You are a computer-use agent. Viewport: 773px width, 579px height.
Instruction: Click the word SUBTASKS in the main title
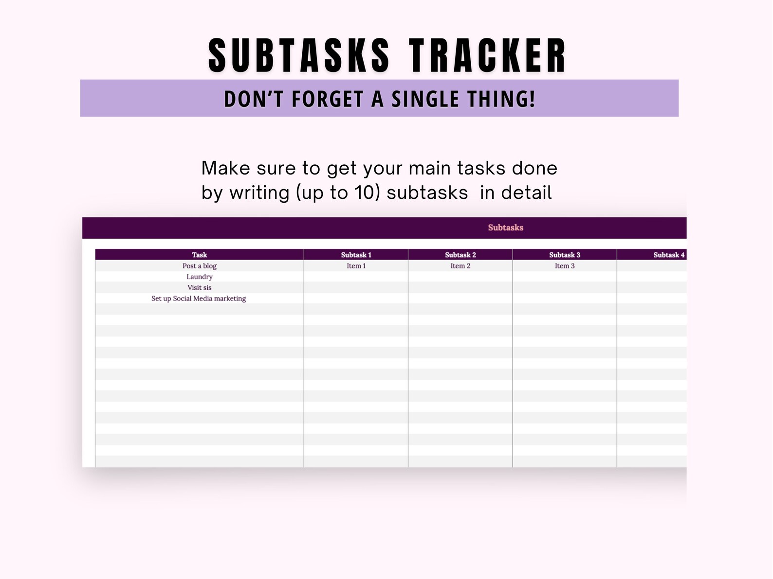pyautogui.click(x=299, y=55)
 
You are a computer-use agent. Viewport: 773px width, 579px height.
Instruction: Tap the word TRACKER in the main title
pyautogui.click(x=488, y=55)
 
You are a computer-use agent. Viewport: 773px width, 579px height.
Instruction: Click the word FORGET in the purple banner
pyautogui.click(x=327, y=99)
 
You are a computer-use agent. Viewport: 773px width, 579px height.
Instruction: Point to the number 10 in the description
pyautogui.click(x=364, y=193)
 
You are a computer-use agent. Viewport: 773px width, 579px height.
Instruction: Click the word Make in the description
pyautogui.click(x=224, y=168)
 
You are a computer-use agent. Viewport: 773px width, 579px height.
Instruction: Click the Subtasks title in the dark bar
pyautogui.click(x=505, y=228)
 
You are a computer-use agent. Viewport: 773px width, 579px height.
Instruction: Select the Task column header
pyautogui.click(x=199, y=255)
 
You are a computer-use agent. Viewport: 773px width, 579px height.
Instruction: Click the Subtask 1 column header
pyautogui.click(x=356, y=255)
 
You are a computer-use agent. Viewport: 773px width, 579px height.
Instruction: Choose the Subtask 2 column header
pyautogui.click(x=460, y=255)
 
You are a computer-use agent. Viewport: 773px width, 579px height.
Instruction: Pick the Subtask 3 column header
pyautogui.click(x=565, y=255)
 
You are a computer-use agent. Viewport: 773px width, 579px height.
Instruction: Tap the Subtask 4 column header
pyautogui.click(x=668, y=255)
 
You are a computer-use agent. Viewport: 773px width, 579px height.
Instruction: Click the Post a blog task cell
pyautogui.click(x=199, y=266)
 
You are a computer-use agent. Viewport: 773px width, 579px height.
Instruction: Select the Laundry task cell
pyautogui.click(x=199, y=277)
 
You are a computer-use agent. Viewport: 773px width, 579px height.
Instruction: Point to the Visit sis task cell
pyautogui.click(x=199, y=287)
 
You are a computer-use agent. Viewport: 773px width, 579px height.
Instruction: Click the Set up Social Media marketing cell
pyautogui.click(x=199, y=298)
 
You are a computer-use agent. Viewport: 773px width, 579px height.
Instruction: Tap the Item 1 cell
pyautogui.click(x=356, y=266)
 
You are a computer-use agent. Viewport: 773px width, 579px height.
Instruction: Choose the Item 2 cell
pyautogui.click(x=460, y=266)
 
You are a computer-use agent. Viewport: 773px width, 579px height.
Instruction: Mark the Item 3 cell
pyautogui.click(x=565, y=266)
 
